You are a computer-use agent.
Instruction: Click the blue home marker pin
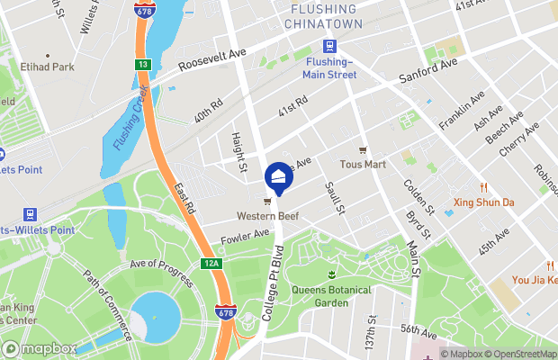pos(278,175)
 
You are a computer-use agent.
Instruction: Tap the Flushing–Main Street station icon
pos(329,47)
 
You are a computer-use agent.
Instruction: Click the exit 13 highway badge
pos(142,65)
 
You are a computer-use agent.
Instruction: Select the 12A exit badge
pos(211,264)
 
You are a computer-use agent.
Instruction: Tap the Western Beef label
pos(267,216)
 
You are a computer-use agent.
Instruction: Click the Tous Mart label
pos(363,165)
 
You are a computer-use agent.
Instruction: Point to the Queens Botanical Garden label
pos(332,296)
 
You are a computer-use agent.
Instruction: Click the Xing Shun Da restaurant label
pos(482,202)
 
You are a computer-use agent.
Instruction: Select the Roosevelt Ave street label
pos(212,60)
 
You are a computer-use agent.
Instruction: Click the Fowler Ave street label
pos(245,237)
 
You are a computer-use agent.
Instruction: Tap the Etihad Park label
pos(50,67)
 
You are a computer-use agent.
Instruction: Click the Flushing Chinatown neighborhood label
pos(323,15)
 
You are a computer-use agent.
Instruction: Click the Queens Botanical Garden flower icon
pos(332,274)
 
